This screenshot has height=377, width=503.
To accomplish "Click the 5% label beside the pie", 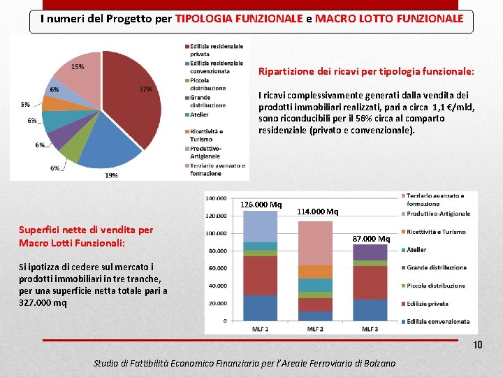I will pyautogui.click(x=25, y=105).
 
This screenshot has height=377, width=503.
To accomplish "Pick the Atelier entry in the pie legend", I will pyautogui.click(x=199, y=115).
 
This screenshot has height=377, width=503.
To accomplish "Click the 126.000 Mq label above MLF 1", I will pyautogui.click(x=261, y=205).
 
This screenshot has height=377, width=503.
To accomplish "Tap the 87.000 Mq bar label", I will pyautogui.click(x=370, y=239).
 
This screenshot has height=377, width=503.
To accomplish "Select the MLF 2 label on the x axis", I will pyautogui.click(x=316, y=329).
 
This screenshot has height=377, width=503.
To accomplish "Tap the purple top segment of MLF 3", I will pyautogui.click(x=370, y=252).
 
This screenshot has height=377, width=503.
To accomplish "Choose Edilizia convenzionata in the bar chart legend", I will pyautogui.click(x=439, y=321).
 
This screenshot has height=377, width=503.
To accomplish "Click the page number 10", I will pyautogui.click(x=477, y=346).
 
